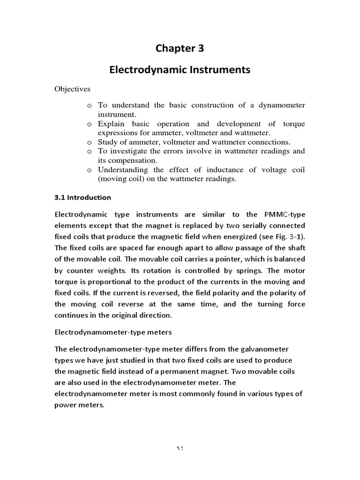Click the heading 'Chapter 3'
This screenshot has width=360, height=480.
coord(180,48)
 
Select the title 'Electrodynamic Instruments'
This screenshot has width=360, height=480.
coord(180,70)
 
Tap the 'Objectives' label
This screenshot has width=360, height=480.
coord(73,89)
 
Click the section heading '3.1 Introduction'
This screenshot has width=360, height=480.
coord(83,197)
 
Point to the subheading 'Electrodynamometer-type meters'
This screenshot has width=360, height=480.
coord(113,332)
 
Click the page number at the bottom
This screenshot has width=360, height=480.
coord(180,449)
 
